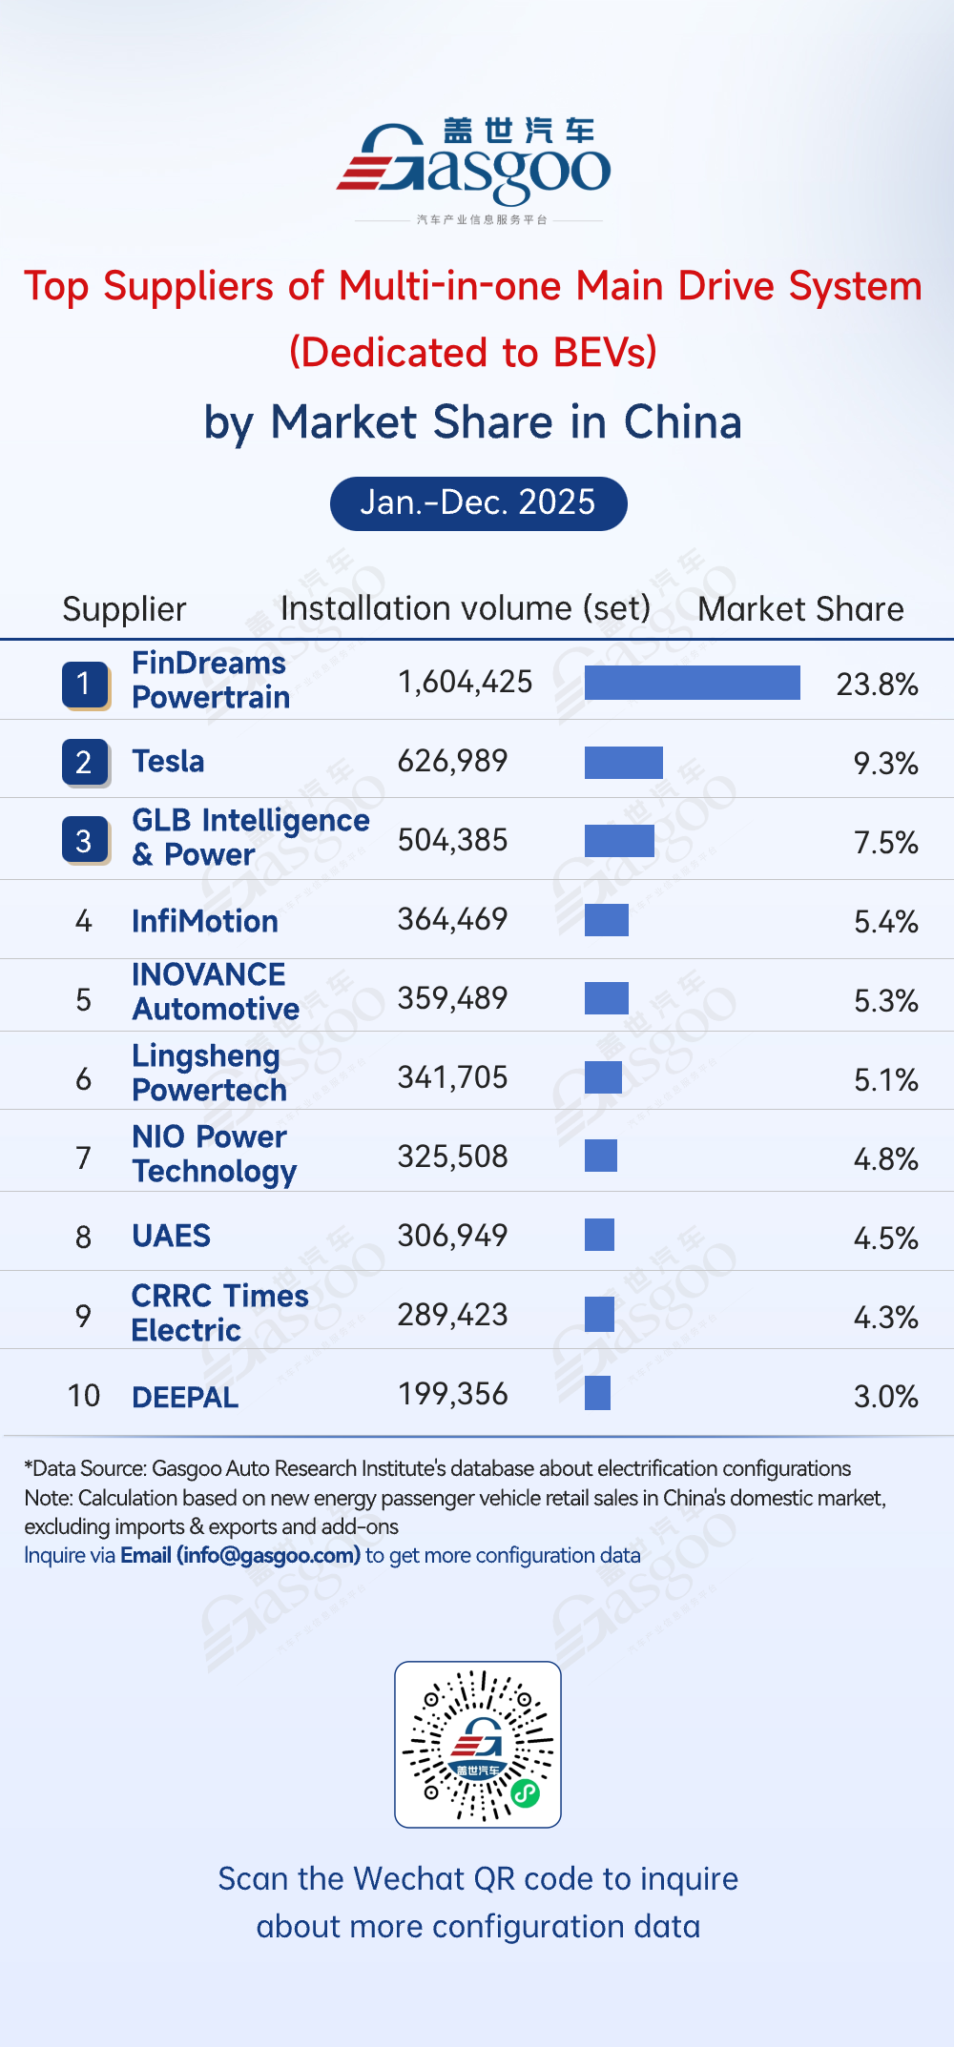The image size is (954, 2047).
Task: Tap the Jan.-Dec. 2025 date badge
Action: [x=478, y=503]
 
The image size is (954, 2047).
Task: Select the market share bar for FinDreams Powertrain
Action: [x=692, y=683]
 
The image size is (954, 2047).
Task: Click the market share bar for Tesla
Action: [x=623, y=763]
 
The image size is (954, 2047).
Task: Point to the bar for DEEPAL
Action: [x=597, y=1393]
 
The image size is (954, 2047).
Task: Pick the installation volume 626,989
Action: [x=452, y=761]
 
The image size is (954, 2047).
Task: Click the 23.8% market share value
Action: [x=877, y=685]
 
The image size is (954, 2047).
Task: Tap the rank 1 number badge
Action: [x=84, y=685]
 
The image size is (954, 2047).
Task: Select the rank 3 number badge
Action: [x=84, y=841]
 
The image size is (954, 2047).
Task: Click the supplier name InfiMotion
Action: [x=205, y=921]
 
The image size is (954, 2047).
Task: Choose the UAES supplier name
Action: [x=171, y=1236]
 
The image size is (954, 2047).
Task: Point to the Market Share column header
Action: [x=800, y=609]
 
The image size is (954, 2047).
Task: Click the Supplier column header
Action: [x=124, y=609]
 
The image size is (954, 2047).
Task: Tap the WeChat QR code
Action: [x=478, y=1744]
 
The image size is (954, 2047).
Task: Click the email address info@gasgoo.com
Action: [x=268, y=1555]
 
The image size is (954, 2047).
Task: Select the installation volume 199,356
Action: [x=452, y=1394]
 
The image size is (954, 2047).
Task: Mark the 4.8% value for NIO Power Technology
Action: [x=885, y=1159]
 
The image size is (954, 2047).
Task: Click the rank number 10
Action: [x=84, y=1396]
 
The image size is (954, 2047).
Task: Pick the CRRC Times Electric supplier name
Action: [x=219, y=1313]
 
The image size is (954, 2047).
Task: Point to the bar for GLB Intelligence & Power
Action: [x=619, y=841]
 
